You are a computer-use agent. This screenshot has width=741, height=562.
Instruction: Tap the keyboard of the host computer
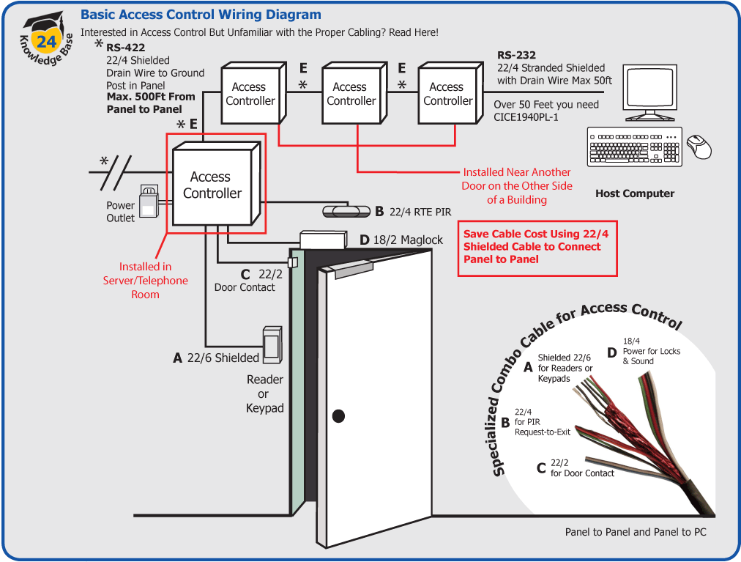[635, 147]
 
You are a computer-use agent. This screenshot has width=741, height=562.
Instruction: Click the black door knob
[338, 415]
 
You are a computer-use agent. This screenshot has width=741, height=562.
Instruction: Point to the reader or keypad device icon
[272, 344]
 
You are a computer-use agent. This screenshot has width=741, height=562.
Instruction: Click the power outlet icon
[149, 200]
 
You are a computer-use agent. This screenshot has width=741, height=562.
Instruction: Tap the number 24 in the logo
[46, 41]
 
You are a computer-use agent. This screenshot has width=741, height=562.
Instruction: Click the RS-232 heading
[516, 55]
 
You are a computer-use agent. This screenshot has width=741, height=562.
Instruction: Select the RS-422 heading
[125, 48]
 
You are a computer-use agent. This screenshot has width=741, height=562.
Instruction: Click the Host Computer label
[635, 193]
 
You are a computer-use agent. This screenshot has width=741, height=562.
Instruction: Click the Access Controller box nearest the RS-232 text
[447, 94]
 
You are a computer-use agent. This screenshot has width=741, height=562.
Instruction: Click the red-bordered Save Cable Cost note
[537, 248]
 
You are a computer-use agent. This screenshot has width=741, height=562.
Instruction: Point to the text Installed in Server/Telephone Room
[146, 281]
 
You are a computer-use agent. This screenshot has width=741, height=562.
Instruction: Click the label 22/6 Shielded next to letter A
[223, 358]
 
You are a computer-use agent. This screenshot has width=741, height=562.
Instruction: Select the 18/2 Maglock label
[409, 240]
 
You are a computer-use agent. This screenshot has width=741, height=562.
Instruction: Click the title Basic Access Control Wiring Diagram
[201, 15]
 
